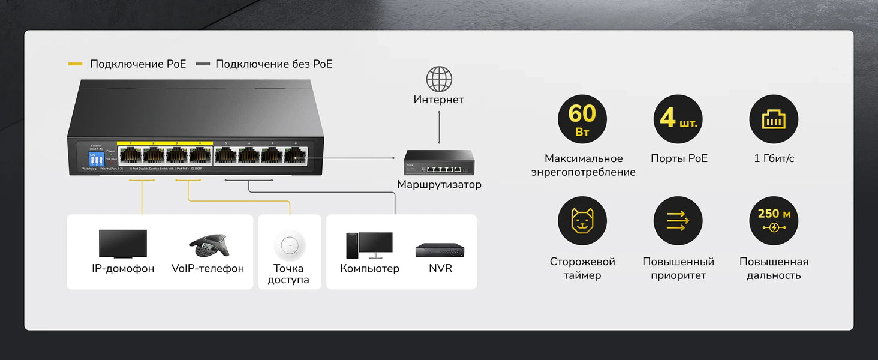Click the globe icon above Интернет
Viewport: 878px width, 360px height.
point(439,79)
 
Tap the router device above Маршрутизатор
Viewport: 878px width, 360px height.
point(439,163)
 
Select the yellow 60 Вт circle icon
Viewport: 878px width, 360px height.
point(582,119)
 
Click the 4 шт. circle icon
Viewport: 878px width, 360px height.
point(678,119)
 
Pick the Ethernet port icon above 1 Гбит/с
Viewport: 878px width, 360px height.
point(774,119)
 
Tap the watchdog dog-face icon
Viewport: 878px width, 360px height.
point(582,221)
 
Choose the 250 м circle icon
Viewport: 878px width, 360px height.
point(774,221)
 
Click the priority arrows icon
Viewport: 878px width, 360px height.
point(678,221)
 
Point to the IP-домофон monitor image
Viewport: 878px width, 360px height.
point(123,244)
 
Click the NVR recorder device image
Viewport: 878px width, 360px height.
point(440,250)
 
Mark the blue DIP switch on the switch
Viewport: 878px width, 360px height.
point(96,159)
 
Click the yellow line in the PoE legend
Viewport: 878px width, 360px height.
point(76,64)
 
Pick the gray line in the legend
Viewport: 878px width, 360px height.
point(203,64)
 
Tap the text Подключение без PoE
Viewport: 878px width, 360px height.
point(273,64)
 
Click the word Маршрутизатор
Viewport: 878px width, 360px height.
point(439,184)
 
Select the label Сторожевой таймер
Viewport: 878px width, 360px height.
point(582,268)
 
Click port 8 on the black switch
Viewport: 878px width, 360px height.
point(296,155)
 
